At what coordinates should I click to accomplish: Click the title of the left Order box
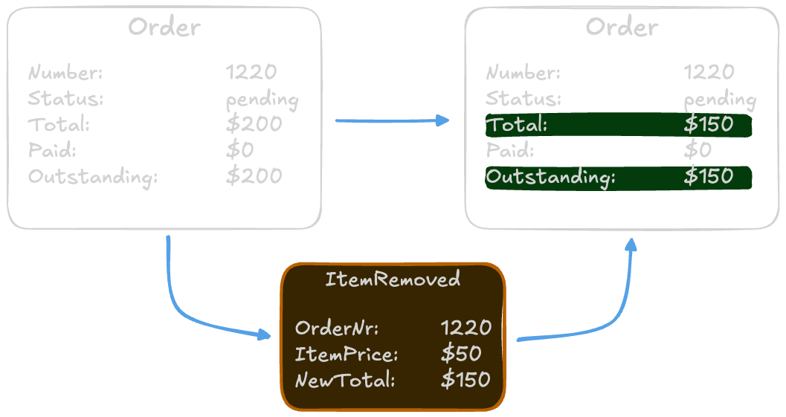coord(164,28)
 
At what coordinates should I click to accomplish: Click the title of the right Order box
coord(622,28)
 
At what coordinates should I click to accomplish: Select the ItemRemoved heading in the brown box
coord(393,279)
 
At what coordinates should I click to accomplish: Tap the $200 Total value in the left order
coord(254,124)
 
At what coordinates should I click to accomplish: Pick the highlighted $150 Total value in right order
coord(708,125)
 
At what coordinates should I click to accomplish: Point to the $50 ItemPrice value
coord(461,354)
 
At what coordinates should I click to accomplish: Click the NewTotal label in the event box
coord(345,380)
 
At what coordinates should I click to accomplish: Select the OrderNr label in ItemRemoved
coord(337,328)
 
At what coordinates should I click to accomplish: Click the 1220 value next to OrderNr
coord(466,328)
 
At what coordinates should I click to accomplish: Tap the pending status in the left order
coord(262,100)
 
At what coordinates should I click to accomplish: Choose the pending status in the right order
coord(720,100)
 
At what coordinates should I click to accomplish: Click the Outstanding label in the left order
coord(93,177)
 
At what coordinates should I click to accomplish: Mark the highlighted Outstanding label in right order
coord(551,177)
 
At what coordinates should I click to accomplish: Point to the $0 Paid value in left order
coord(240,150)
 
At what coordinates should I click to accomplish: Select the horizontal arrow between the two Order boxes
coord(392,120)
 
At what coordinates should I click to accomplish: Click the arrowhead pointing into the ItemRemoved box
coord(264,335)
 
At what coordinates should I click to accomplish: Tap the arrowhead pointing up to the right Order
coord(631,245)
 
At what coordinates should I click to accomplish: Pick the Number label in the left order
coord(65,73)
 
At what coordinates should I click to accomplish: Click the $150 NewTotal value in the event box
coord(466,380)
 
